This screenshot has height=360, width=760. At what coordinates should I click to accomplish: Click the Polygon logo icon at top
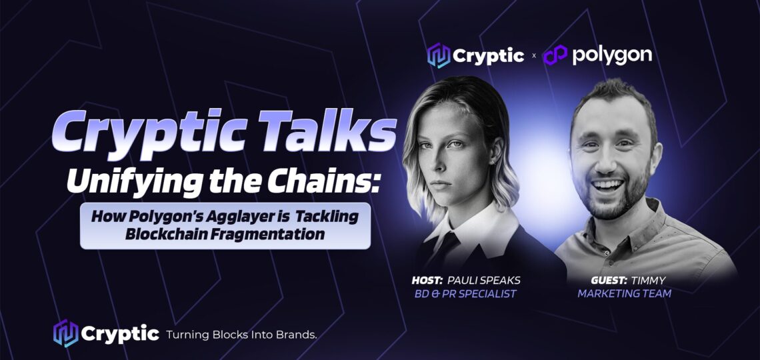[x=555, y=54]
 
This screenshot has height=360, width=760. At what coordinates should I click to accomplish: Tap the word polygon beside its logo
[x=612, y=56]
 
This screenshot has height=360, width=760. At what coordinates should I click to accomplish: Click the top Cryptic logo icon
[x=439, y=55]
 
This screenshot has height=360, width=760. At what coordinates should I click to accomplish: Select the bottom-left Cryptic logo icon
[x=65, y=333]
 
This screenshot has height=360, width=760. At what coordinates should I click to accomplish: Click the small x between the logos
[x=533, y=56]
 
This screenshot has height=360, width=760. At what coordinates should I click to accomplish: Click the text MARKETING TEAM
[x=624, y=293]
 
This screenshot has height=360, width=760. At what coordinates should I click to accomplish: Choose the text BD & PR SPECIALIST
[x=465, y=293]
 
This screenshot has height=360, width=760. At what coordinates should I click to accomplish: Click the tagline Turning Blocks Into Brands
[x=241, y=334]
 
